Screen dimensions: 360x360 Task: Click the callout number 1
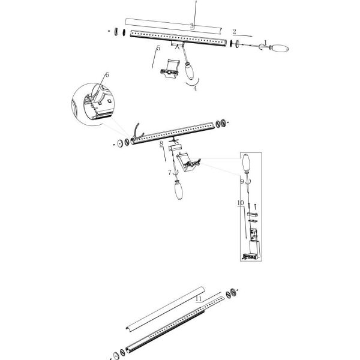tap(265, 43)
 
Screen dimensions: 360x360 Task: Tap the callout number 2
tap(234, 31)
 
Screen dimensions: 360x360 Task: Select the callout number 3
tap(192, 26)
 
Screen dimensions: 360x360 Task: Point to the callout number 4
tap(195, 88)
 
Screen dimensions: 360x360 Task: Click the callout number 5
tap(158, 48)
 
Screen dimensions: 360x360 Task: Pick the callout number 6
tap(107, 75)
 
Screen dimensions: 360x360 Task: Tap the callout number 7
tap(170, 172)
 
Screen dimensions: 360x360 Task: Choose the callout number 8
tap(161, 143)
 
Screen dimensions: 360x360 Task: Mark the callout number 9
tap(242, 182)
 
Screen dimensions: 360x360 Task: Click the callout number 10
tap(241, 203)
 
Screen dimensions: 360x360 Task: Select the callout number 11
tap(199, 299)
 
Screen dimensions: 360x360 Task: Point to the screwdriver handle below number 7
tap(178, 190)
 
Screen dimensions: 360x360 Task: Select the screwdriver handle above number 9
tap(245, 163)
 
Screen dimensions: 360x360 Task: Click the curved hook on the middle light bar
tap(139, 132)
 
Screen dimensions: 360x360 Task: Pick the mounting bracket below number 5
tap(170, 68)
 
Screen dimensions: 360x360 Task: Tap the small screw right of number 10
tap(255, 206)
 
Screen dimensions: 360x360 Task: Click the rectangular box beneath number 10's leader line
tap(254, 248)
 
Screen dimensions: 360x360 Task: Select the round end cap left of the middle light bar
tap(119, 143)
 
